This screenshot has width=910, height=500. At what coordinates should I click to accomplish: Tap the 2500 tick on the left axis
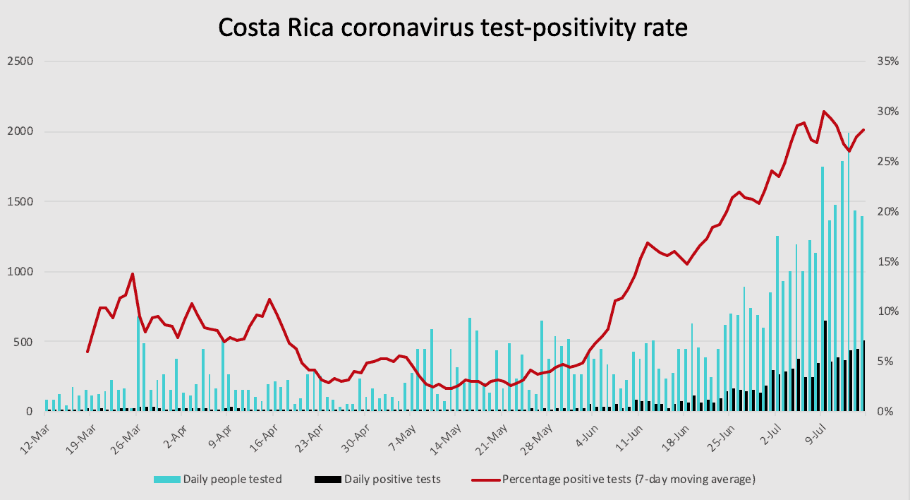(20, 61)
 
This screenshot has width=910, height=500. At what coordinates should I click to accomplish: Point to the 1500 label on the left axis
(20, 201)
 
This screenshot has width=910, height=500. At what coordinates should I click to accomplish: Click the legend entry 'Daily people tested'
(232, 480)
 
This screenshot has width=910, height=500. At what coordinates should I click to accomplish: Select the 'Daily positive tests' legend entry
(392, 480)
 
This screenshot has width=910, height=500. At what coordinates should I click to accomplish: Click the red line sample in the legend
(485, 480)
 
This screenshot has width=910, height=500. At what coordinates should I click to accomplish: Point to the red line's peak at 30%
(823, 112)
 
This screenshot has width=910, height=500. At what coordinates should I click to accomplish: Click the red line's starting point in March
(87, 351)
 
